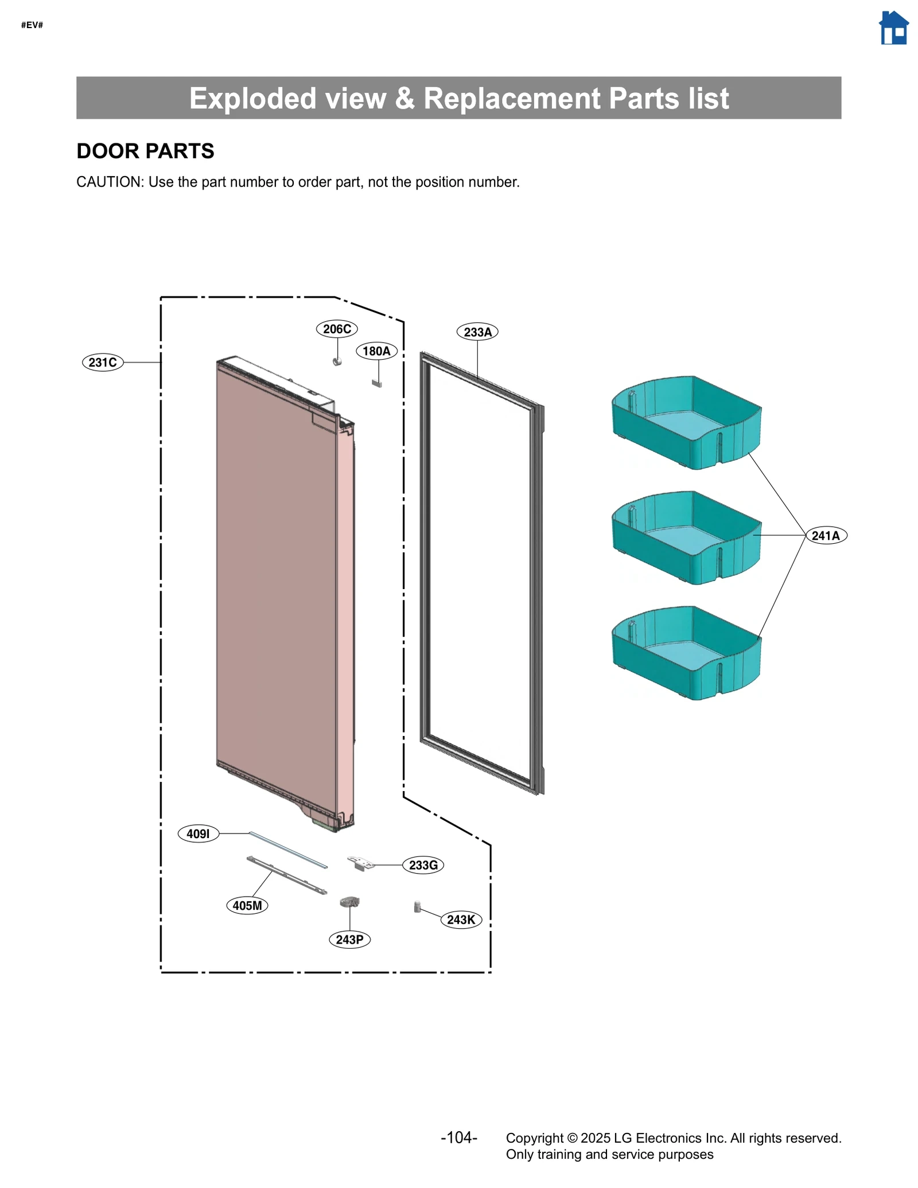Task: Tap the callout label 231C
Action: tap(103, 363)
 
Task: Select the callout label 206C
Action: tap(337, 329)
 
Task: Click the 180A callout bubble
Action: tap(376, 351)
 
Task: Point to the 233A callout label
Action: tap(477, 332)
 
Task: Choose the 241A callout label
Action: tap(826, 535)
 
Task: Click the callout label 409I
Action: tap(199, 833)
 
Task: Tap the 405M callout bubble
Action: tap(247, 905)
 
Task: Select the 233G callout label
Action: tap(423, 865)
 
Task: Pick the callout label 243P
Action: tap(349, 940)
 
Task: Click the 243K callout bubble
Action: tap(461, 920)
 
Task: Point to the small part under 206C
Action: tap(337, 361)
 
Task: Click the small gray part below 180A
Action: tap(377, 383)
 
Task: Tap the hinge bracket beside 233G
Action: tap(360, 863)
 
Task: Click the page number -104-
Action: tap(458, 1137)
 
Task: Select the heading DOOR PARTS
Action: tap(145, 151)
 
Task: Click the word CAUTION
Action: tap(109, 182)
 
